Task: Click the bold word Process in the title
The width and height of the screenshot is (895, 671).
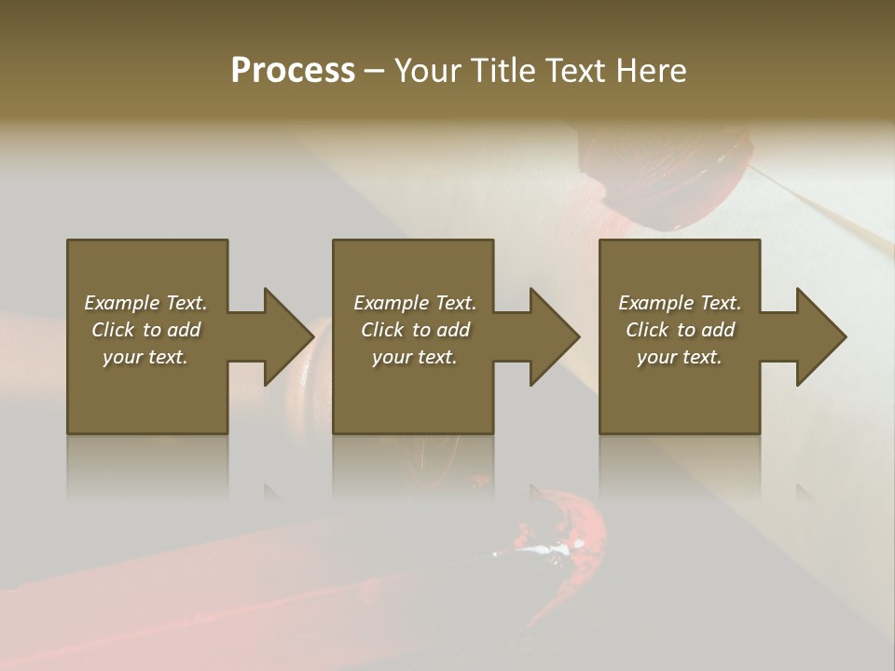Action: [x=293, y=71]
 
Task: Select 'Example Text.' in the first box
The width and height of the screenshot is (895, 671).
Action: [x=145, y=303]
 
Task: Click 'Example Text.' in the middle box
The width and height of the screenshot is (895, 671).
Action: [x=415, y=303]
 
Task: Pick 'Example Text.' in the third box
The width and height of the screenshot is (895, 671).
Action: [x=680, y=303]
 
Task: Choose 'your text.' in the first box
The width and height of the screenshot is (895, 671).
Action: [x=145, y=357]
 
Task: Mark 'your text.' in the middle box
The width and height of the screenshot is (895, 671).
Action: [x=415, y=357]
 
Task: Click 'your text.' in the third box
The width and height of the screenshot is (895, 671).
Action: [x=680, y=357]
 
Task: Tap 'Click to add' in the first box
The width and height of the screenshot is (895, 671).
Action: [x=145, y=330]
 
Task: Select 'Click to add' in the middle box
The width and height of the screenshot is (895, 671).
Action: [x=415, y=330]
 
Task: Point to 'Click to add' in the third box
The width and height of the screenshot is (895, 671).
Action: [x=680, y=330]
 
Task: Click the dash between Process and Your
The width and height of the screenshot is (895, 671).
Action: [x=374, y=71]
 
